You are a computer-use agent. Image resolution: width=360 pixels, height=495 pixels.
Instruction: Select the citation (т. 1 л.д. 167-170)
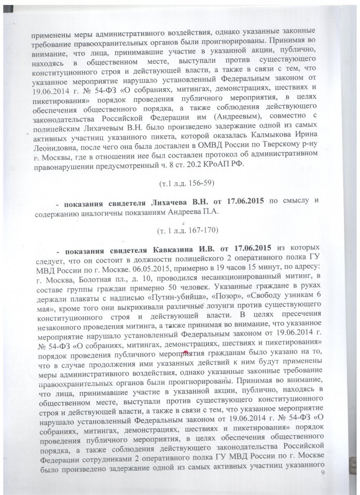click(x=180, y=231)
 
